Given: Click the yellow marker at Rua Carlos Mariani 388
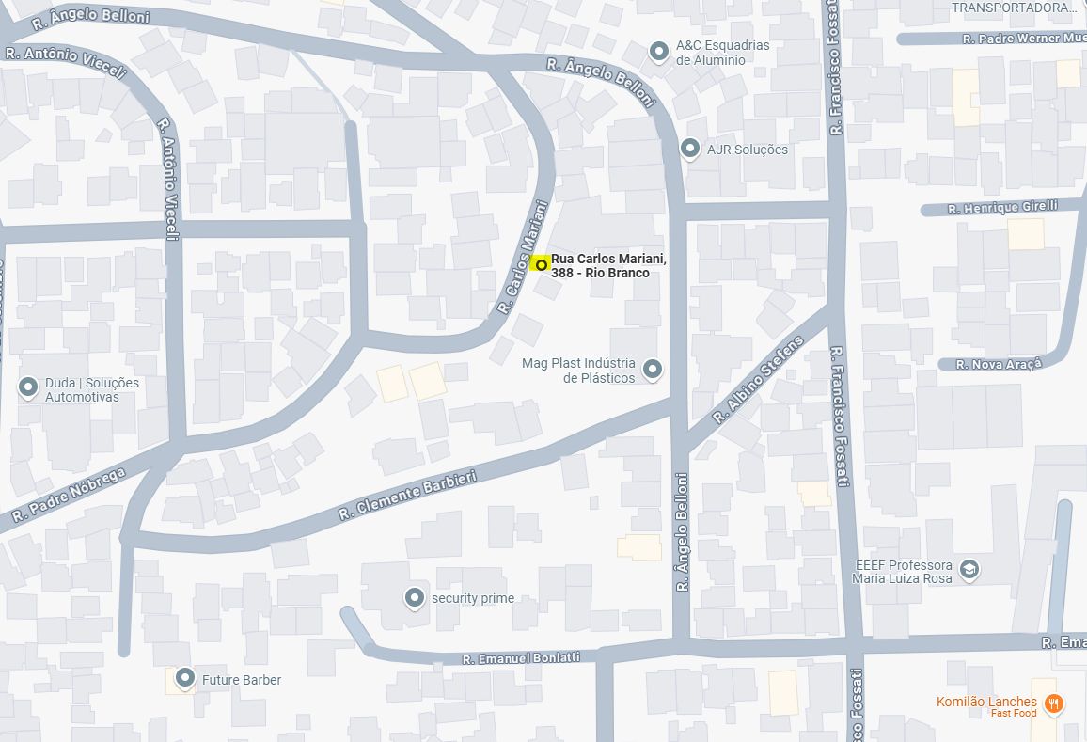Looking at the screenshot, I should point(541,264).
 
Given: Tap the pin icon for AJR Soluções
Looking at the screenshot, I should point(690,149).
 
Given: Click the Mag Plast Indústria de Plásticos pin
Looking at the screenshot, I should point(652,369).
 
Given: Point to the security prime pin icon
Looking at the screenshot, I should point(414,597).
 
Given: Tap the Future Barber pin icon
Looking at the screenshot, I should point(184,678).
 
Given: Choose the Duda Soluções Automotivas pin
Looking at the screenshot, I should point(28,387).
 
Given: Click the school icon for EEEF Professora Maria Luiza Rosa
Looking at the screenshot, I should point(969,569).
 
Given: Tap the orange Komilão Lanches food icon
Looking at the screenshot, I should point(1054,703).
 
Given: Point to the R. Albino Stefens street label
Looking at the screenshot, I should point(760,379).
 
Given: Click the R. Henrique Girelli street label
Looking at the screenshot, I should point(1002,207).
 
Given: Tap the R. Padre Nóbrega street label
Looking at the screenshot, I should point(69,496).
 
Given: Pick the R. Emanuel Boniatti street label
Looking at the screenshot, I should point(521,658).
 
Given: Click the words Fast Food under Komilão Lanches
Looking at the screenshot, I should point(1014,714).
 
